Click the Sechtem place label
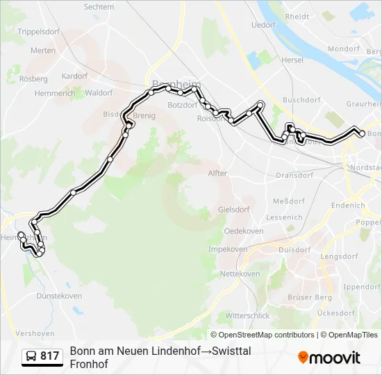(99, 6)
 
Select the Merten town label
(43, 51)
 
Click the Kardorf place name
(74, 76)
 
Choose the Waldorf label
(99, 92)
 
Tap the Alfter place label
(217, 173)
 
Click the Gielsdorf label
(233, 209)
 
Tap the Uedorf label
(263, 24)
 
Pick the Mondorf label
(344, 49)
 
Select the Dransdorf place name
(295, 176)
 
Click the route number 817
(49, 356)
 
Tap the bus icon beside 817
(31, 356)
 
